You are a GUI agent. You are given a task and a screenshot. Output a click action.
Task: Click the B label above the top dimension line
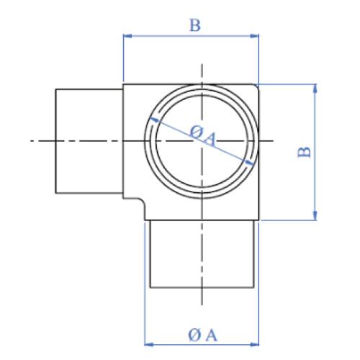coord(194,25)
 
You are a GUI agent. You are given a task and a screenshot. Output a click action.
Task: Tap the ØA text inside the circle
coord(202,135)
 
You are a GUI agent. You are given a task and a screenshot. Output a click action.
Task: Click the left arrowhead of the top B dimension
coord(127,35)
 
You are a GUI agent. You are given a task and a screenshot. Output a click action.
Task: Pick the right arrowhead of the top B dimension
coord(254,35)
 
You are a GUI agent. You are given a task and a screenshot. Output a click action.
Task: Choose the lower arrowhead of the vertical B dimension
coord(315,217)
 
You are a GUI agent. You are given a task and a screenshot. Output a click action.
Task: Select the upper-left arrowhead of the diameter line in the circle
coord(154,120)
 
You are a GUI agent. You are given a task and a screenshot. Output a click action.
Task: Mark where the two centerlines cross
coord(202,140)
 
